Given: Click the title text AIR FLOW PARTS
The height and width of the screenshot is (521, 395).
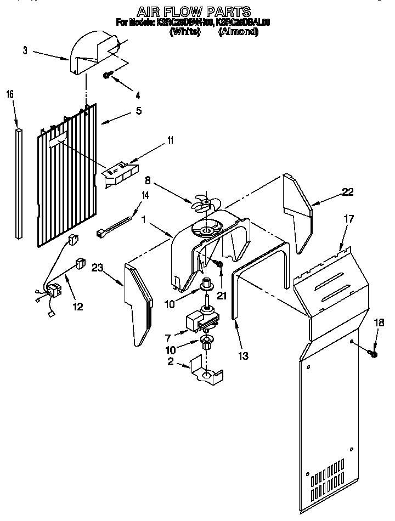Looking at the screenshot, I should [x=193, y=11].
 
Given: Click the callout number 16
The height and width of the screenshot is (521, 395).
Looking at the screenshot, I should [x=10, y=94].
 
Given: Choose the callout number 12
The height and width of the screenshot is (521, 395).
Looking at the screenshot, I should [x=78, y=307].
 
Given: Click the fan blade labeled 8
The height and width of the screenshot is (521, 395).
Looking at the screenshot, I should [x=202, y=204].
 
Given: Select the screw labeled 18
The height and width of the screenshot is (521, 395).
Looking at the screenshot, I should [x=373, y=354].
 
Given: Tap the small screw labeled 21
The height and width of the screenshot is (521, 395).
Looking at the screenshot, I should [x=219, y=265].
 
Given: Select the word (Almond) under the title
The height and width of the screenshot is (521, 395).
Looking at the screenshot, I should [x=238, y=32].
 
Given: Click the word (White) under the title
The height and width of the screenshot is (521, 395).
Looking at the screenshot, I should [x=184, y=32].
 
